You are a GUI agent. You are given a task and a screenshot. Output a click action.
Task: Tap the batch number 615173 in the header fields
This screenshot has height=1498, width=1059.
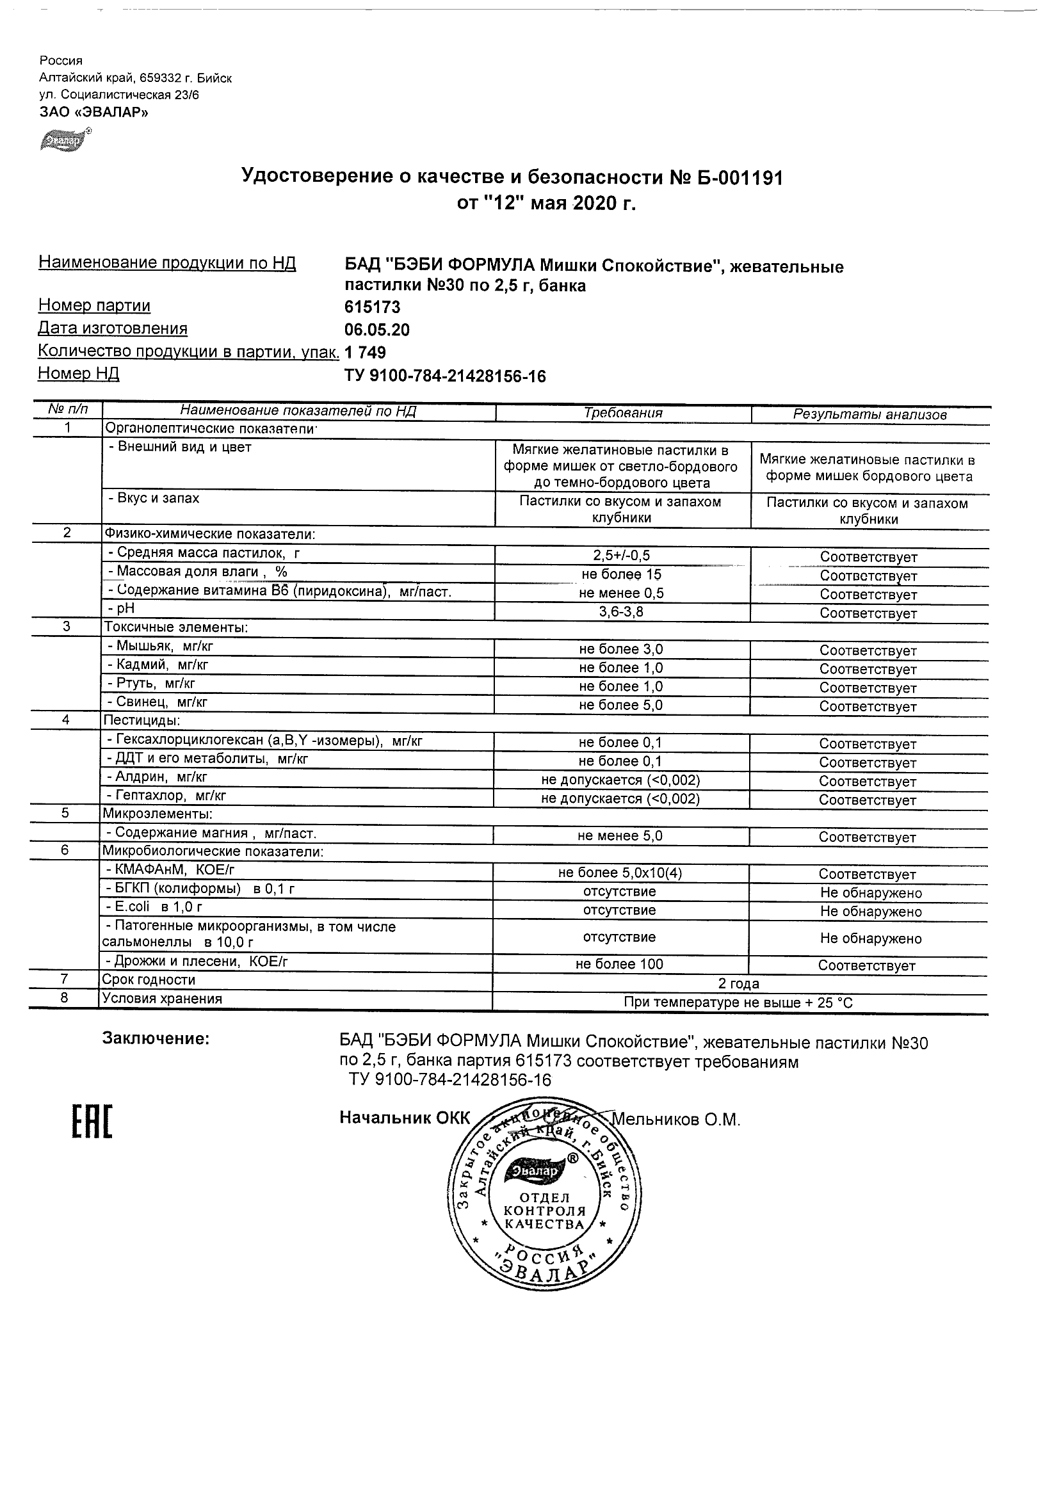pos(372,307)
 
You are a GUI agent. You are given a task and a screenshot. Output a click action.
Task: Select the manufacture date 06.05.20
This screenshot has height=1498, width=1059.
pos(376,330)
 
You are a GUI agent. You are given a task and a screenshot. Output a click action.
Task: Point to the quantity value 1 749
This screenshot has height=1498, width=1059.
pos(366,353)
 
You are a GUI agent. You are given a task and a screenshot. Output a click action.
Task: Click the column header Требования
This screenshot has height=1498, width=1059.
pos(622,413)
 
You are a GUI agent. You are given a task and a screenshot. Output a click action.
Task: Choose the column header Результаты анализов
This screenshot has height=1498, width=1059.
pos(869,414)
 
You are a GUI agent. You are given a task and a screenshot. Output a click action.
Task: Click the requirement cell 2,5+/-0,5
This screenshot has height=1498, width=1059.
pos(621,556)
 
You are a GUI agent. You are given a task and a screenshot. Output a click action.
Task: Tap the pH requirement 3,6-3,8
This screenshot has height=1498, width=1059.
pos(621,612)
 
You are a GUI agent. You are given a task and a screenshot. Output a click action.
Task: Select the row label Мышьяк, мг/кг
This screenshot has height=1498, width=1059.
pos(161,647)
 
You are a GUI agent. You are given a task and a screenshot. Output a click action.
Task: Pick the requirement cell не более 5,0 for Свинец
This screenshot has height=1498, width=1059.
pos(620,705)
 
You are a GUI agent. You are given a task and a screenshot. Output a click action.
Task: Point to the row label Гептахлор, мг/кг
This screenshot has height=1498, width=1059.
pos(166,796)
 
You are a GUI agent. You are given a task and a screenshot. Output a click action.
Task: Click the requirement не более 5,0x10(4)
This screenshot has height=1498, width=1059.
pos(620,874)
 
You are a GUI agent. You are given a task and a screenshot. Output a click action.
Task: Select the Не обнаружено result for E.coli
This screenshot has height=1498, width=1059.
pos(870,912)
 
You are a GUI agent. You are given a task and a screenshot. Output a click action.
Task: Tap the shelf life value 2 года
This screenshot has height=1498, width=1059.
pos(739,984)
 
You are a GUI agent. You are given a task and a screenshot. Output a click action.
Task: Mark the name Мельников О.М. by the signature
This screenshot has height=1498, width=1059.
pos(677,1120)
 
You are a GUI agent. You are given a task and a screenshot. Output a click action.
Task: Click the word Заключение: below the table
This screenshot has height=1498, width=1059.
pos(156,1040)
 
